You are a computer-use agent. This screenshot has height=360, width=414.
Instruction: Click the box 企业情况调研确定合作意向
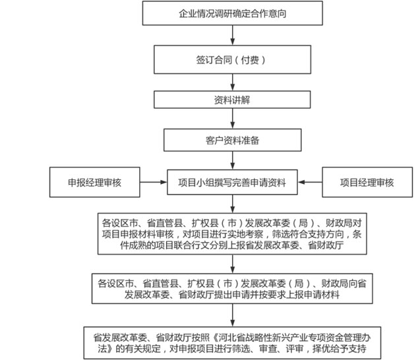pos(232,13)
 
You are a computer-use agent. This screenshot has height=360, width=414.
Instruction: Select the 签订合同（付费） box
pos(232,59)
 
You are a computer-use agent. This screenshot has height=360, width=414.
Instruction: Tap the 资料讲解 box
pos(232,100)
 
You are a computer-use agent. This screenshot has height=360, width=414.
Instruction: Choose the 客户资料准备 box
pos(232,140)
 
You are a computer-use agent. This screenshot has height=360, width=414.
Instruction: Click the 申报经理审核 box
pos(94,182)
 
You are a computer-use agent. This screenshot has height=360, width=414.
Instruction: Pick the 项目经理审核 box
pos(367,182)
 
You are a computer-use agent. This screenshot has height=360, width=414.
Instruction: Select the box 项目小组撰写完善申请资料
pos(232,182)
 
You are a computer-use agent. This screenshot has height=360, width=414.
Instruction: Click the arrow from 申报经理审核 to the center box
pos(154,182)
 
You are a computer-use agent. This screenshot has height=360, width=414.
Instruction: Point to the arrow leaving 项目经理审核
pos(310,182)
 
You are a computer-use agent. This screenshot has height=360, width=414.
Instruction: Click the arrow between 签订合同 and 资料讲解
pos(232,82)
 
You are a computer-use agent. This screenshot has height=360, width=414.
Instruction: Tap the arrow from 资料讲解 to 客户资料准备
pos(232,118)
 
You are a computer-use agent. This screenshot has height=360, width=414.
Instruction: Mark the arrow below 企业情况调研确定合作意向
pos(232,35)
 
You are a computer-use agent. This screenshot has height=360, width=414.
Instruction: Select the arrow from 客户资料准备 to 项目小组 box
pos(232,160)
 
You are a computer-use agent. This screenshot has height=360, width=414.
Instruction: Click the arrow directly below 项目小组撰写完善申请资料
pos(232,204)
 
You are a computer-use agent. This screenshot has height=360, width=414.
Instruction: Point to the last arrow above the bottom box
pos(232,315)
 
